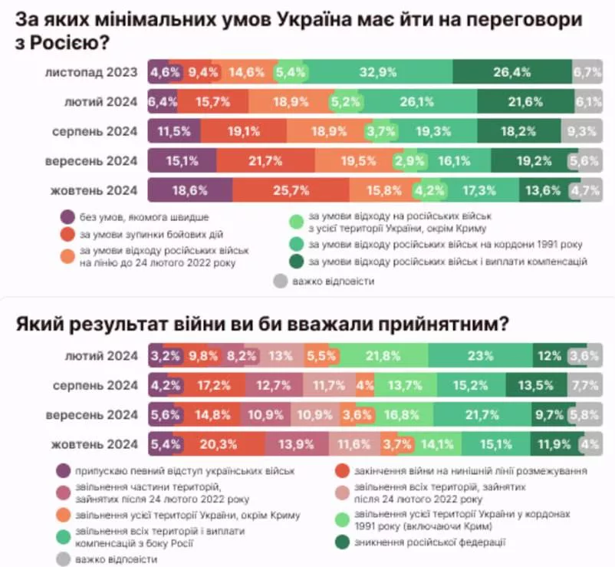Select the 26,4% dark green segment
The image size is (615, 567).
click(x=511, y=73)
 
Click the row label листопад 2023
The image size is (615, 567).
click(x=91, y=73)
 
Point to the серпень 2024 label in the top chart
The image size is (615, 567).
click(x=95, y=131)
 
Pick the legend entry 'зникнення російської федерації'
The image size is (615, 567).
click(x=429, y=543)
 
